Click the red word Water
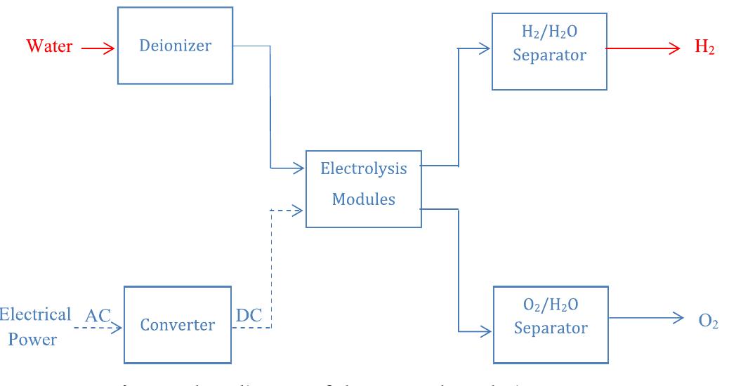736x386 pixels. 49,48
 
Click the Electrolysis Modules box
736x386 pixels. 363,187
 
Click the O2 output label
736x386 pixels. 709,320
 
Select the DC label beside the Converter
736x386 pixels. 249,317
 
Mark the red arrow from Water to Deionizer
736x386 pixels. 98,48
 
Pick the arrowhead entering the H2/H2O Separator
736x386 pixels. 485,48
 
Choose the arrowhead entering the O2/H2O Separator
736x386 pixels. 487,331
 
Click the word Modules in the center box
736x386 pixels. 363,199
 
